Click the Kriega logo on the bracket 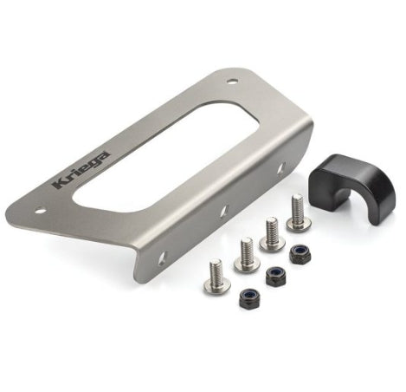tap(81, 170)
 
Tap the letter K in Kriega tap(60, 184)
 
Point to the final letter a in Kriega tap(105, 155)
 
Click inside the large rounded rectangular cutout tap(166, 156)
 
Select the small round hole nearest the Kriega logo tap(40, 211)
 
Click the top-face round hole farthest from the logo tap(232, 82)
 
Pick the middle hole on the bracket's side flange tap(224, 211)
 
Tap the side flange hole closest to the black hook tap(281, 168)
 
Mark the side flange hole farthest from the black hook tap(162, 258)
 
